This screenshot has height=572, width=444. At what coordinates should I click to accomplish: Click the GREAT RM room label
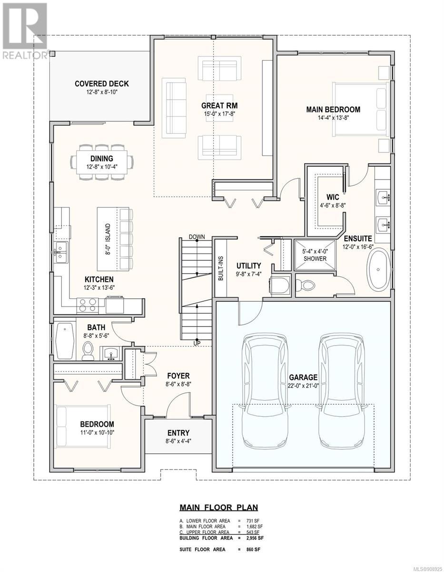219,106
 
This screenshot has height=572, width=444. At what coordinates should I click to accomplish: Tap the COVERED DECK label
102,84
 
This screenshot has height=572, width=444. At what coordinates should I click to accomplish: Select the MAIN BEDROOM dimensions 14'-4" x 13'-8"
333,118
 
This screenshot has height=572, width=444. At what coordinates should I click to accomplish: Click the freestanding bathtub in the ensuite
378,269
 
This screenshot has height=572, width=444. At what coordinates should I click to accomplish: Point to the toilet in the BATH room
88,351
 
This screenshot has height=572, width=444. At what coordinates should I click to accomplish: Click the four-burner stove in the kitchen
88,306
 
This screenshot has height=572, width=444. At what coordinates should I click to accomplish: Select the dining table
102,162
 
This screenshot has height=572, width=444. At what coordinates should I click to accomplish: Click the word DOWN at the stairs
197,236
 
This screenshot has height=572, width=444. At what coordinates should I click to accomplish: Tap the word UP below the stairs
197,344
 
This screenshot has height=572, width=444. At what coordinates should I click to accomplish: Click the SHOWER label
315,258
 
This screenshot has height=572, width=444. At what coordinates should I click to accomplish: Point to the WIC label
333,197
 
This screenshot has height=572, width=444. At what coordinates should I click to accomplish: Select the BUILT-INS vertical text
221,268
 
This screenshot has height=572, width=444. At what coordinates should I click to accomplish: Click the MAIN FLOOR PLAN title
218,507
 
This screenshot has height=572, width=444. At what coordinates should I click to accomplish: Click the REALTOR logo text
24,55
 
